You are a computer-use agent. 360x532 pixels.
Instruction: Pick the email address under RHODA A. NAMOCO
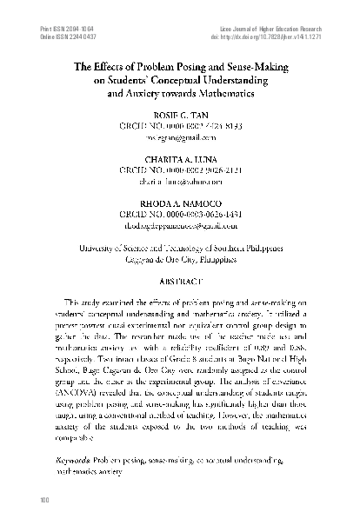[x=180, y=224]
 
